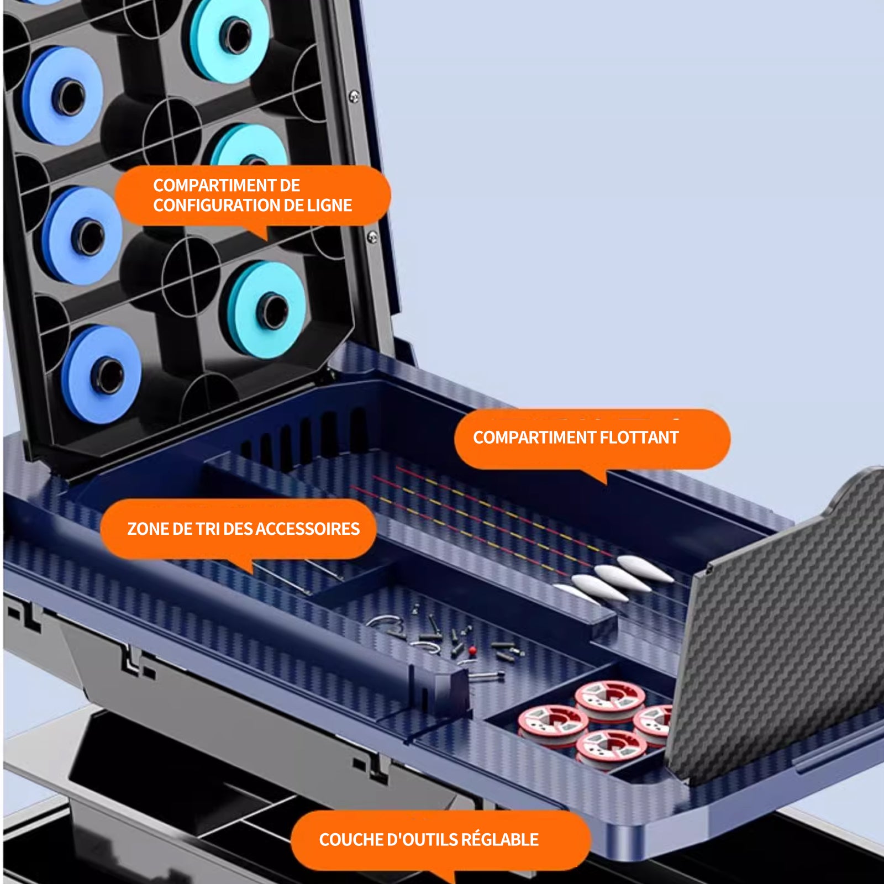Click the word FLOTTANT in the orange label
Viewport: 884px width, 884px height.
pos(639,438)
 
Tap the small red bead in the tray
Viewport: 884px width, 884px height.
pos(472,650)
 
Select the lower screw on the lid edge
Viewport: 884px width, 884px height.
pos(372,237)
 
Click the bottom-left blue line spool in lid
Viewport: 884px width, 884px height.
pos(102,374)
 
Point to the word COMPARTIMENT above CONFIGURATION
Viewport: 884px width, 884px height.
pos(227,185)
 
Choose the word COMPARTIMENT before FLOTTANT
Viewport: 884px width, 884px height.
pos(534,438)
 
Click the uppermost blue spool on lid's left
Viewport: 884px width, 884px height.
pos(64,96)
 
